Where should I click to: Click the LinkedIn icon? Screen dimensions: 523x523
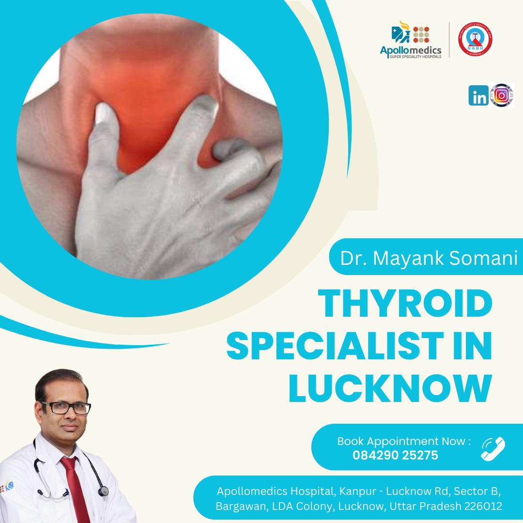[478, 95]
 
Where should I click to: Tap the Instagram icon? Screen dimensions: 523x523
[501, 95]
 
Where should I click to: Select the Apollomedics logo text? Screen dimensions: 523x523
[411, 50]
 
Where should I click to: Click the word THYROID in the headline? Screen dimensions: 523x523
[405, 303]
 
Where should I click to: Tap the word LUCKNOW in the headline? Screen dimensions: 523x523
[390, 388]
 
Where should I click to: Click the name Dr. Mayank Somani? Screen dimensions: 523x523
[429, 258]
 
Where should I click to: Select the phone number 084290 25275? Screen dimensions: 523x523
[395, 455]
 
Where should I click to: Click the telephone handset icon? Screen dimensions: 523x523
[492, 448]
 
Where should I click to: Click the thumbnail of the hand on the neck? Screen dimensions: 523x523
[150, 145]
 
